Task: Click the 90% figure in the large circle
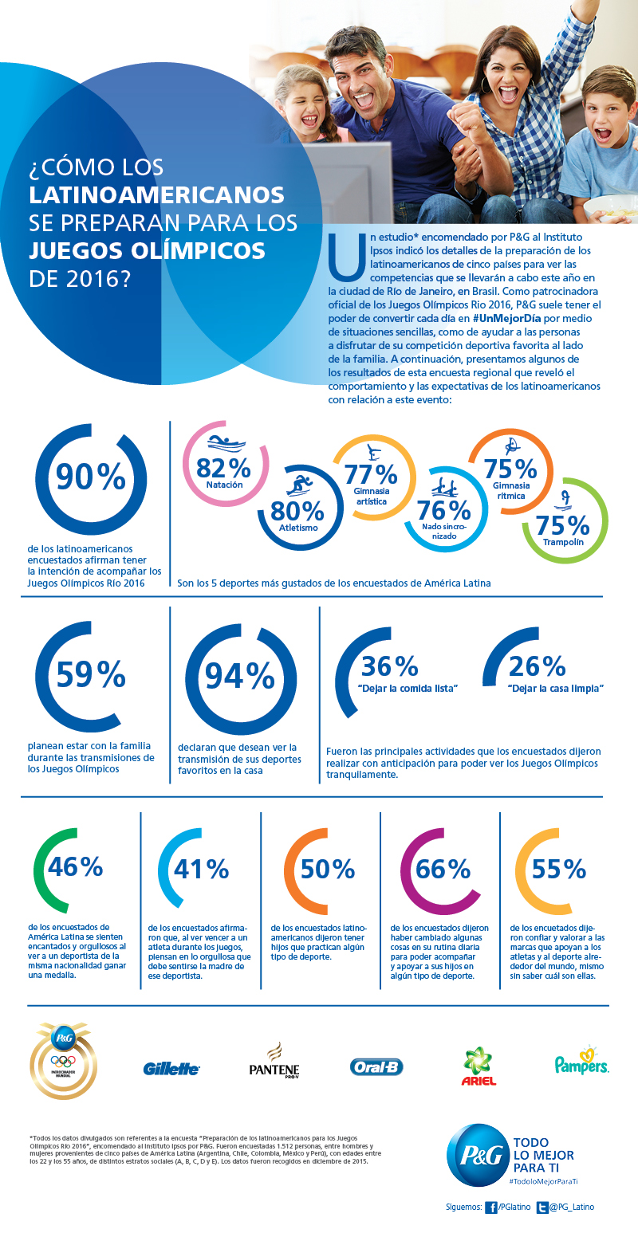tap(90, 477)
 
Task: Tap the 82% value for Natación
tap(218, 467)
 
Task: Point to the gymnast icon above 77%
tap(370, 452)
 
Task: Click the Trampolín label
tap(562, 542)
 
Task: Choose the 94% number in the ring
tap(240, 676)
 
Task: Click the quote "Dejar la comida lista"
tap(408, 687)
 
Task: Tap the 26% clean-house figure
tap(537, 666)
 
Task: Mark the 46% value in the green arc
tap(76, 867)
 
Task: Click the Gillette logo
tap(171, 1069)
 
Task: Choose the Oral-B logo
tap(376, 1066)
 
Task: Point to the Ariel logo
tap(479, 1066)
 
